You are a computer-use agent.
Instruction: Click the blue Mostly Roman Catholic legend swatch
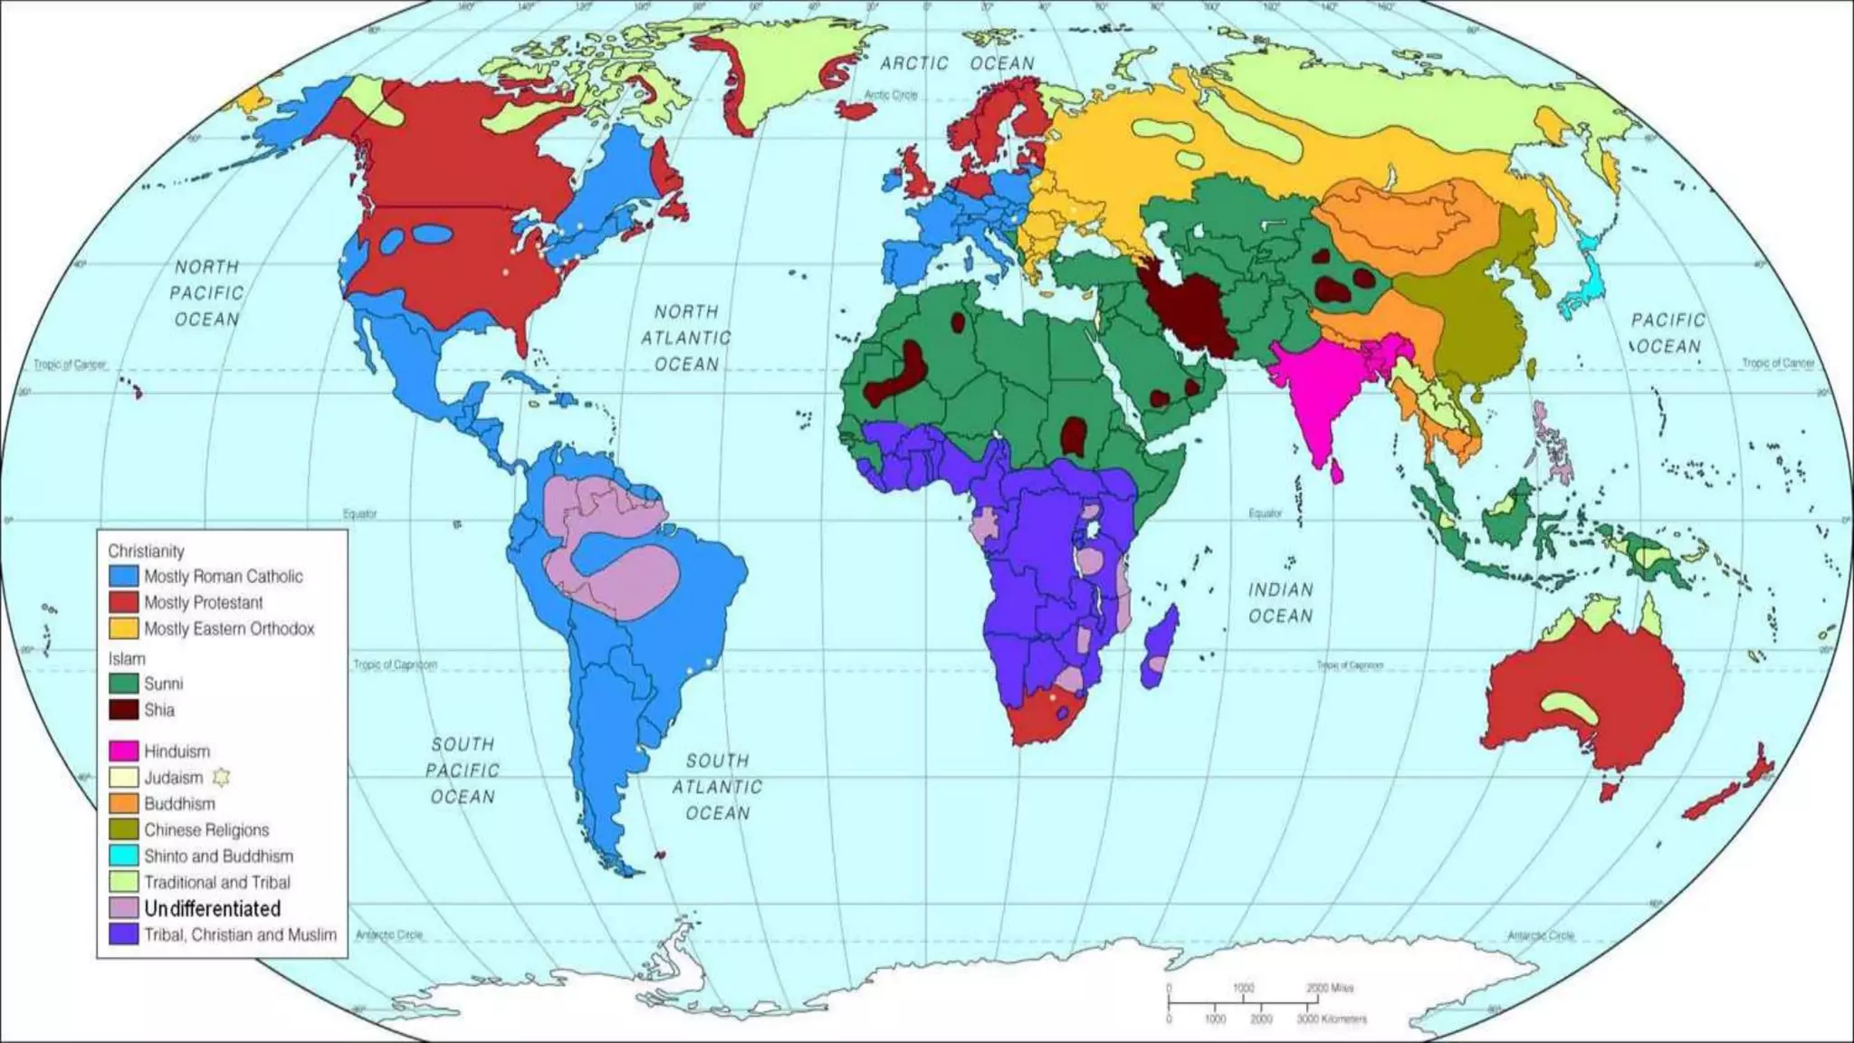coord(123,576)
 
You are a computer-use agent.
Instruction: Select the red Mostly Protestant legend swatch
coord(123,602)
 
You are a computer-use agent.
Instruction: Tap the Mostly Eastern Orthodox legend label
coord(229,628)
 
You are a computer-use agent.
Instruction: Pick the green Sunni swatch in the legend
coord(123,684)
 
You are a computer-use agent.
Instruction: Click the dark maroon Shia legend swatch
coord(123,710)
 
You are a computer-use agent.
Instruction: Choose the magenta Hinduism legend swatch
coord(123,751)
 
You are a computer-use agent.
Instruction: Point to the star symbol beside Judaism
coord(221,777)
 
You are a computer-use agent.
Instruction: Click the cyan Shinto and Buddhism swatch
coord(123,856)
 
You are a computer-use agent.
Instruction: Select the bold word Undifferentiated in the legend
coord(212,908)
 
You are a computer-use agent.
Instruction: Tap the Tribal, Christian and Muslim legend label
coord(240,934)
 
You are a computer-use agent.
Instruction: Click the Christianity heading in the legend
coord(146,550)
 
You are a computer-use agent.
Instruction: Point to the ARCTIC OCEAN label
coord(957,63)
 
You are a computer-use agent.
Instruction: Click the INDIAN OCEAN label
coord(1280,603)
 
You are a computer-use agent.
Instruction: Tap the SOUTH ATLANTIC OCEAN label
coord(717,787)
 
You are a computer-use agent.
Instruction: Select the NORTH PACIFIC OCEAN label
coord(207,293)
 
